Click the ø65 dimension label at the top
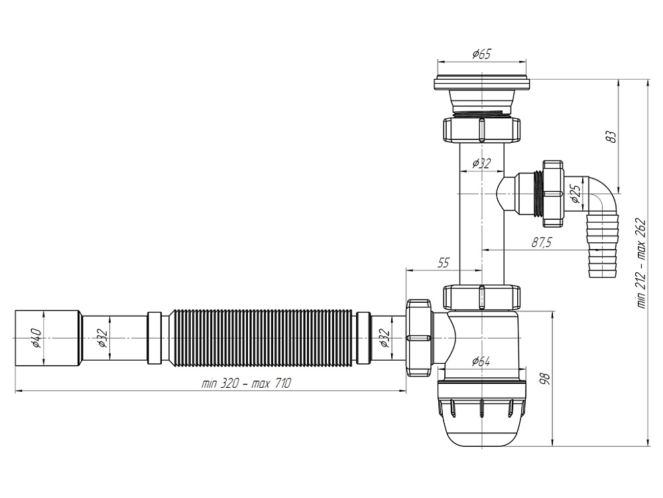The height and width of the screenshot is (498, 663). (x=482, y=54)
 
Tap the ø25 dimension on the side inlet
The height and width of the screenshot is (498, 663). (x=575, y=194)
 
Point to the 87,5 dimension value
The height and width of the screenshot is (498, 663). (x=541, y=243)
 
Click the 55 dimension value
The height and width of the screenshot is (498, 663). (x=443, y=263)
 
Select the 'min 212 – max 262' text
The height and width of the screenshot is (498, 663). (x=640, y=262)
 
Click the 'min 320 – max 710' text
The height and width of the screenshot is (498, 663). (x=246, y=384)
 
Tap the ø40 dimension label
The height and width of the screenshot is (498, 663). (x=37, y=339)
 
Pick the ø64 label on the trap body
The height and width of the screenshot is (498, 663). (x=481, y=361)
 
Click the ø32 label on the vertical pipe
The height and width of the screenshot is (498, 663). (x=481, y=163)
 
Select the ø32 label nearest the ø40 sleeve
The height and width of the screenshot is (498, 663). (x=103, y=339)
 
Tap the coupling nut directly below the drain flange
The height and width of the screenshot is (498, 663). (x=481, y=128)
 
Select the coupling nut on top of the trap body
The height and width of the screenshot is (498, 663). (x=481, y=297)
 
